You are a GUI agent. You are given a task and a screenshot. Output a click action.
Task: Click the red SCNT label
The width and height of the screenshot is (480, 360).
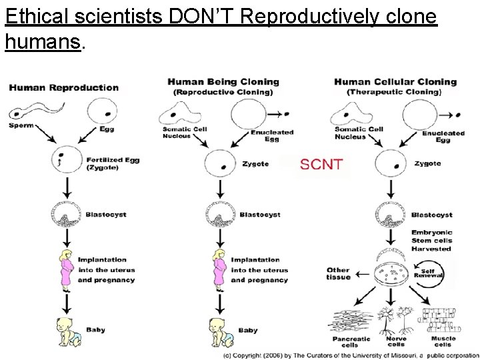point(321,164)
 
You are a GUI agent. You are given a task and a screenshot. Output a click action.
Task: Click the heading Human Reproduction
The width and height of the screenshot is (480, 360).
point(64,87)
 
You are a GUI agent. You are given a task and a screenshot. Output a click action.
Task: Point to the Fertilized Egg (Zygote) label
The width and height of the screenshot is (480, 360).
point(112,164)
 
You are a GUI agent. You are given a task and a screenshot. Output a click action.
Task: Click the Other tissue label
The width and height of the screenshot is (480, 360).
point(338,274)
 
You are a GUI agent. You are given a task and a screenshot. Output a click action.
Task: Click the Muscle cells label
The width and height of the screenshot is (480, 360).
point(442,342)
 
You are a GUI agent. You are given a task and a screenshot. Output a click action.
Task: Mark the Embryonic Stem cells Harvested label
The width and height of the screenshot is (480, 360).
point(431,240)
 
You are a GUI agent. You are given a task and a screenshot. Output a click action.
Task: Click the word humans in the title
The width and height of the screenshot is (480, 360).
point(42,43)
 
